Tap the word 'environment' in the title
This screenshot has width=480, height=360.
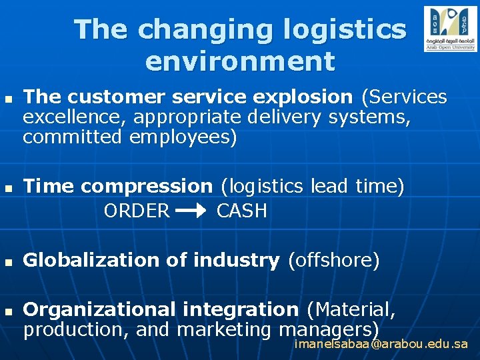point(239,61)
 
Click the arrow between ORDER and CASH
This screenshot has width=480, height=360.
point(193,211)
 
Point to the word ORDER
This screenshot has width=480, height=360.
point(137,211)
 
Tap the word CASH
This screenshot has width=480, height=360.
point(242,211)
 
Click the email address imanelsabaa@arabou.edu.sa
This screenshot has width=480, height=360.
point(381,344)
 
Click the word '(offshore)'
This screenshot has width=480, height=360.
point(333,261)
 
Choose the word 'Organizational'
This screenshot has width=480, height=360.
point(99,310)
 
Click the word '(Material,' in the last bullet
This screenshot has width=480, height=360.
point(351,310)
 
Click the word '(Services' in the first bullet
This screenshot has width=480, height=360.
point(404,97)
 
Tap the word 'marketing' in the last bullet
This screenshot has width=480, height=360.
point(225,329)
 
